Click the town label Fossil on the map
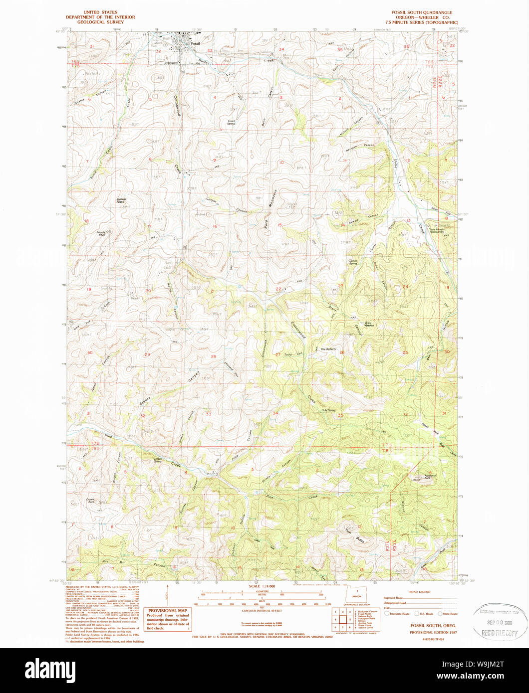202,43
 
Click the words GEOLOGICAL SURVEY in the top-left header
100,22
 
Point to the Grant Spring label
232,122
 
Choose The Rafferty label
328,349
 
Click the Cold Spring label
328,410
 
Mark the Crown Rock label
90,500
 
